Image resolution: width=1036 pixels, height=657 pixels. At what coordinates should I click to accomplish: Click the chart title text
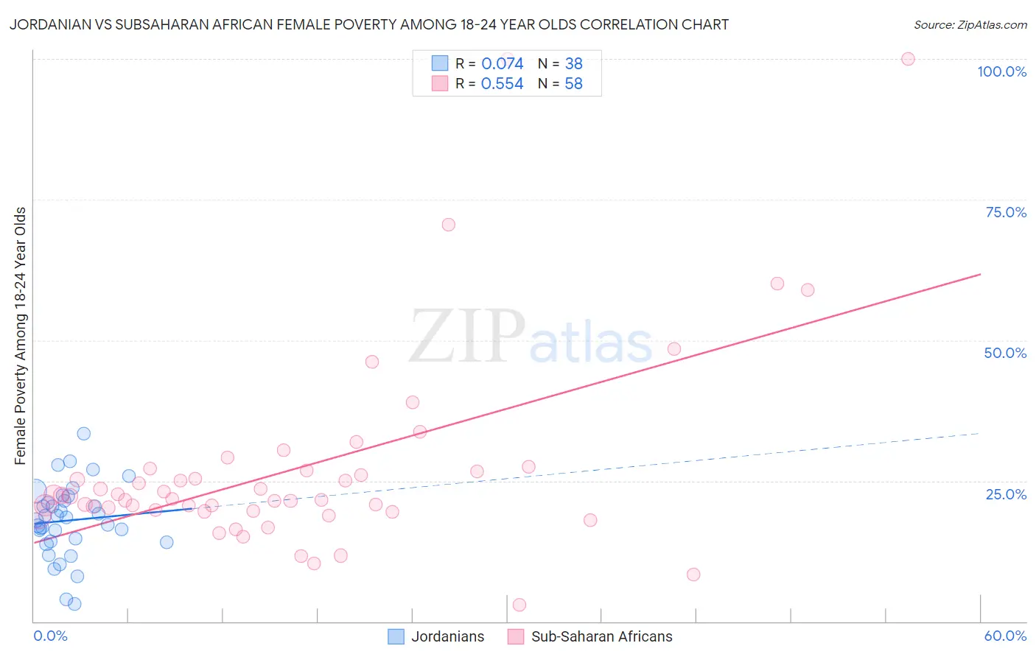(x=369, y=24)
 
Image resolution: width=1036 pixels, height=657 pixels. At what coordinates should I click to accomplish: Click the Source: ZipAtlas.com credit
(x=970, y=24)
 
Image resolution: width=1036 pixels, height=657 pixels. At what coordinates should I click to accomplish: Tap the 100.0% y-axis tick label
(x=1001, y=71)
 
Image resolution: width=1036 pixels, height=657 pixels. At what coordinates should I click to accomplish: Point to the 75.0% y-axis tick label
(x=1006, y=212)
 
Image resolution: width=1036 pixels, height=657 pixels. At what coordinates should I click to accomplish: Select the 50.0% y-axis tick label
(x=1005, y=353)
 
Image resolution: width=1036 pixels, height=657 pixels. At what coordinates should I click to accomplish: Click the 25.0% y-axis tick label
(x=1006, y=493)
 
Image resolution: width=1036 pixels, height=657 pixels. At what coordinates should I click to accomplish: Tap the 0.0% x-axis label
(x=50, y=636)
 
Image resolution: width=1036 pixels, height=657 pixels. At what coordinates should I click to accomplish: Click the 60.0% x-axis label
(x=1005, y=636)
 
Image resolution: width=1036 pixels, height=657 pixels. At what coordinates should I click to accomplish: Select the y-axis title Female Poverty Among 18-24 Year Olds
(x=21, y=336)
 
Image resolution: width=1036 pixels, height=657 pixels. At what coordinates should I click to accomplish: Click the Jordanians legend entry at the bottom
(x=436, y=636)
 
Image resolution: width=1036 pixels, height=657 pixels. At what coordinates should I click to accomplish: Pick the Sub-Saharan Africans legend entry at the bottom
(x=590, y=636)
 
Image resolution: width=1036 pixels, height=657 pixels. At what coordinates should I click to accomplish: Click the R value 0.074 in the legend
(x=502, y=63)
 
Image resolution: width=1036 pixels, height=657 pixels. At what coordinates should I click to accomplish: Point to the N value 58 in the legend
(x=573, y=84)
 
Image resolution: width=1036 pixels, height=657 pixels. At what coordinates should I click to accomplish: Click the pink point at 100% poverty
(x=908, y=59)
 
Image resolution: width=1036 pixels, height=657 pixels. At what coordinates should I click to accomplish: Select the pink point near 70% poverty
(x=448, y=225)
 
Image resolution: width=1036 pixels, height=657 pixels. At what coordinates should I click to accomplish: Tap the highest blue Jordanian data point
(x=84, y=434)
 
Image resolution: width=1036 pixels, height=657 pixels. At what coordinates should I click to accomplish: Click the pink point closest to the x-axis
(x=519, y=605)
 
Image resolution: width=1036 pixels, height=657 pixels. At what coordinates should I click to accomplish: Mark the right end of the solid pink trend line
(x=981, y=274)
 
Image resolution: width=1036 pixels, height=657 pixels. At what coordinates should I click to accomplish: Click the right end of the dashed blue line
(x=979, y=433)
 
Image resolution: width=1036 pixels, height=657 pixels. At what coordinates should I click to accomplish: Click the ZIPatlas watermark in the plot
(x=531, y=338)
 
